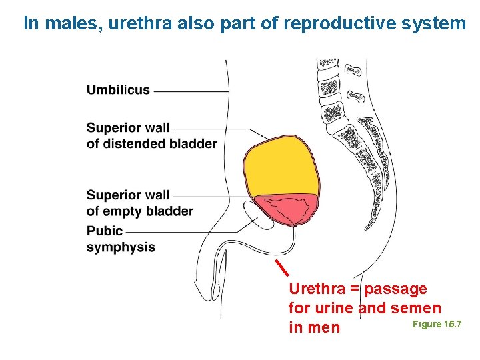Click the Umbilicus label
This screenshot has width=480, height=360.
tap(118, 90)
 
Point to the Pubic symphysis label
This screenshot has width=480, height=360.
tap(120, 239)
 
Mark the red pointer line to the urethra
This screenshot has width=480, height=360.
tap(283, 265)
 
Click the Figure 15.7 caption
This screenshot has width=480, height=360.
tap(437, 324)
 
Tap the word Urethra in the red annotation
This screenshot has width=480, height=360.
tap(317, 289)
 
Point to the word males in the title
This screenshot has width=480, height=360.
tap(63, 24)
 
